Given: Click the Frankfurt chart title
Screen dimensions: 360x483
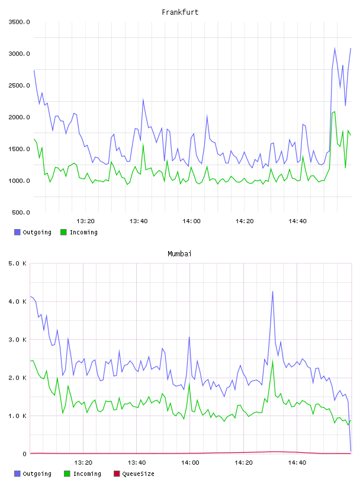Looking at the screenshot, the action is (x=180, y=12).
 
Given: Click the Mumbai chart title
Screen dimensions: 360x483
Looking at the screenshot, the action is (x=179, y=254).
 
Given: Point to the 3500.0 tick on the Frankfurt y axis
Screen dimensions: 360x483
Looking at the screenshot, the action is (x=19, y=22).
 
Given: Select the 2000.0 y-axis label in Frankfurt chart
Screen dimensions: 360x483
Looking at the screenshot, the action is (x=19, y=117).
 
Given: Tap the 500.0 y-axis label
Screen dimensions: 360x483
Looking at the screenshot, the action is (x=21, y=212).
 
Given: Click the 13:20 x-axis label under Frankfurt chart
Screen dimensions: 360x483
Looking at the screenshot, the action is (x=85, y=221).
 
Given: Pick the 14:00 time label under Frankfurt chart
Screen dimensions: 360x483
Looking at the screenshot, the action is (x=191, y=221).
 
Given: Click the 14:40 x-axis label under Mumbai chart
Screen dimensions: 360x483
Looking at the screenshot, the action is (x=297, y=462).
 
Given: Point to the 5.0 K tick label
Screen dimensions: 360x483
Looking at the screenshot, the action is (x=18, y=263).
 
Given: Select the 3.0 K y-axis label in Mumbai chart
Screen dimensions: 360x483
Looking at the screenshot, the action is (x=18, y=339).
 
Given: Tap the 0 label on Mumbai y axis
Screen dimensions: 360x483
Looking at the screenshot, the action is (x=25, y=454).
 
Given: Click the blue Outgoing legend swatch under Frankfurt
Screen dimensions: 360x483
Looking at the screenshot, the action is (x=17, y=232).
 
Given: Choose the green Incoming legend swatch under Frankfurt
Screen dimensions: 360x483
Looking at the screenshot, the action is (x=63, y=232).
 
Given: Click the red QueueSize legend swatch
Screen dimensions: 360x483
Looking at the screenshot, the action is (x=117, y=474).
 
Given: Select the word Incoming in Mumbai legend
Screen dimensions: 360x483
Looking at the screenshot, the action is (x=87, y=474).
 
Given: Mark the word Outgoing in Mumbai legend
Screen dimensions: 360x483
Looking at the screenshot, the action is (x=37, y=474).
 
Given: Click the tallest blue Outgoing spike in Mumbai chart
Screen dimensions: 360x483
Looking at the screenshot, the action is (x=272, y=291).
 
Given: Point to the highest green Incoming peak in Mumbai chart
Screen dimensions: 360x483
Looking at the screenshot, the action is (x=272, y=361).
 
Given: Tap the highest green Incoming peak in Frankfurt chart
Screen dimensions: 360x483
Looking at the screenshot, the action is (x=335, y=112).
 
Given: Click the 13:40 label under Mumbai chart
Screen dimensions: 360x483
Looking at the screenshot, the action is (x=137, y=462).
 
